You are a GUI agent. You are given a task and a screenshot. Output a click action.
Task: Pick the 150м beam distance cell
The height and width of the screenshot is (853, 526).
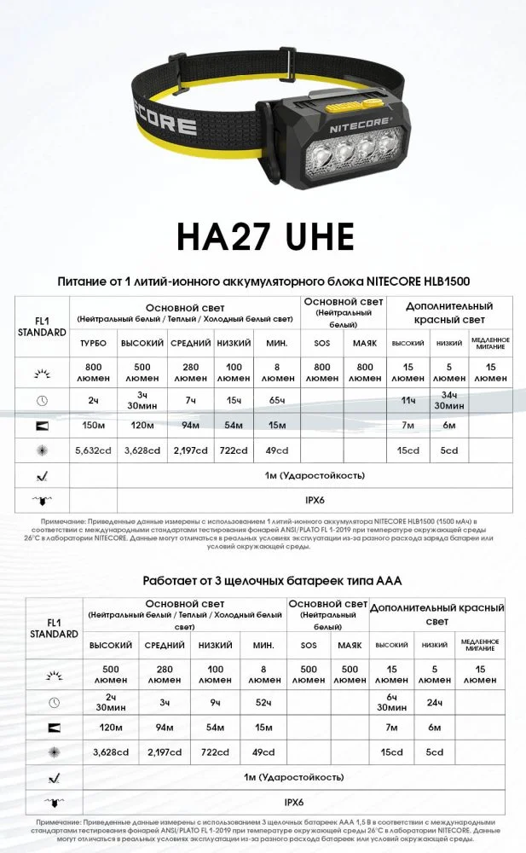pos(93,425)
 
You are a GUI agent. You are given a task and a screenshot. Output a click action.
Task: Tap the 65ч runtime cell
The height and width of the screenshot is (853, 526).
pos(276,400)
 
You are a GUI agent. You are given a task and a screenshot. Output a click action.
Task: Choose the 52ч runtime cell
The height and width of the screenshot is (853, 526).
pos(263,702)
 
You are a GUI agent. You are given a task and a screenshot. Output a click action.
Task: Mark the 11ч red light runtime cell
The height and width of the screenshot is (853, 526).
pos(408,400)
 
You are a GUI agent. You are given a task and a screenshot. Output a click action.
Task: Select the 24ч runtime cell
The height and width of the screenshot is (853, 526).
pos(435,702)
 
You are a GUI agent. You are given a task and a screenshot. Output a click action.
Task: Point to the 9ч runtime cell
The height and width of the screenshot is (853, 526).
pos(215,702)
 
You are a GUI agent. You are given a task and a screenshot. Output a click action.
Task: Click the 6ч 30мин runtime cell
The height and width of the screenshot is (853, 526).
pos(391,702)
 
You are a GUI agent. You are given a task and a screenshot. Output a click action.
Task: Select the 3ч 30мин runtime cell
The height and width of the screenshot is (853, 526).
pos(142,400)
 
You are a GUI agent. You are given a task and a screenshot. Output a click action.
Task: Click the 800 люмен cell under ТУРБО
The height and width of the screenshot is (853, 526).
pos(93,371)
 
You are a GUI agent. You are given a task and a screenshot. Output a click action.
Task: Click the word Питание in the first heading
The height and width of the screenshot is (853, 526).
pos(84,281)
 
